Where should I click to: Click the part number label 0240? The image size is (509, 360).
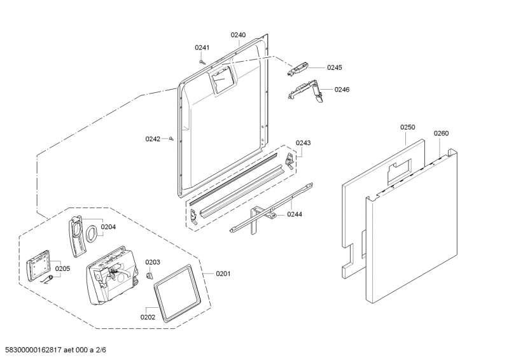click(238, 36)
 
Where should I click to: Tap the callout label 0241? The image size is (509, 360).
click(202, 47)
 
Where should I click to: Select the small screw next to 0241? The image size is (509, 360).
click(202, 62)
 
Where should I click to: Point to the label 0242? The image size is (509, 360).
click(153, 138)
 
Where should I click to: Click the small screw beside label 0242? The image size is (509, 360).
click(172, 138)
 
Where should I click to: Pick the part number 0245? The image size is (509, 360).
click(334, 67)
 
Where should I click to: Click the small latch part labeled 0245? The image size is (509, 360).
click(302, 66)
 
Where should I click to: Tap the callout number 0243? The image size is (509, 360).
click(303, 143)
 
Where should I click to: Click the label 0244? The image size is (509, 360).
click(294, 214)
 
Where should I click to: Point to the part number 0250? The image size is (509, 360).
click(407, 127)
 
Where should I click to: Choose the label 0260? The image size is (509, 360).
click(441, 133)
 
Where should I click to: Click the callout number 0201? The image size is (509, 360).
click(223, 273)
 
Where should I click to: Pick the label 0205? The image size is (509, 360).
click(62, 268)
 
